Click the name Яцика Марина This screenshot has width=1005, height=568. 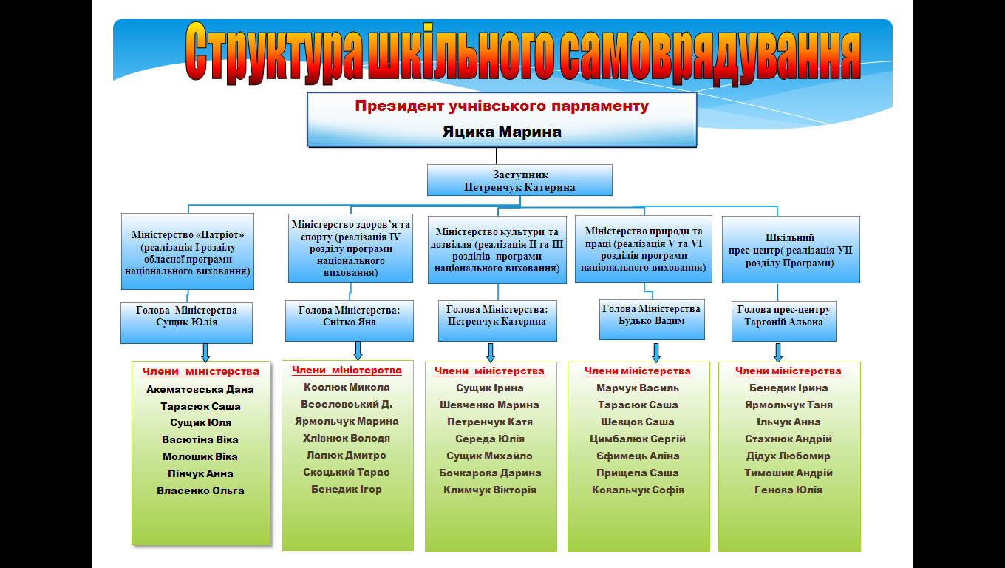502,132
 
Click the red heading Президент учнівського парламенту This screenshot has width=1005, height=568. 502,106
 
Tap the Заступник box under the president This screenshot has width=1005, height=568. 519,180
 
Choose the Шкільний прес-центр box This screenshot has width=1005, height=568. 790,250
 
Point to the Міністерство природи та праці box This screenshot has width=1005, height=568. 643,249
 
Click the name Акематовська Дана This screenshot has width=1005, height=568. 200,389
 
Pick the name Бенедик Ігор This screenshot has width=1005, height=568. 347,489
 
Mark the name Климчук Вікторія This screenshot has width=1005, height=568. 490,490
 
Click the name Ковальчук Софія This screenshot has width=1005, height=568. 638,490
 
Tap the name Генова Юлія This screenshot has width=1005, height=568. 788,490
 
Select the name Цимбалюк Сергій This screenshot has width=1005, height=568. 638,439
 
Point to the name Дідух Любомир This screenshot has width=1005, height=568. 788,456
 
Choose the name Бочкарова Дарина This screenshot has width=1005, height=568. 490,473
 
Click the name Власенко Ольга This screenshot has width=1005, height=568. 200,490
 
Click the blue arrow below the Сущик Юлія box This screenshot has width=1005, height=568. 205,351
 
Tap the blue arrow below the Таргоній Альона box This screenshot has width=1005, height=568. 777,351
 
